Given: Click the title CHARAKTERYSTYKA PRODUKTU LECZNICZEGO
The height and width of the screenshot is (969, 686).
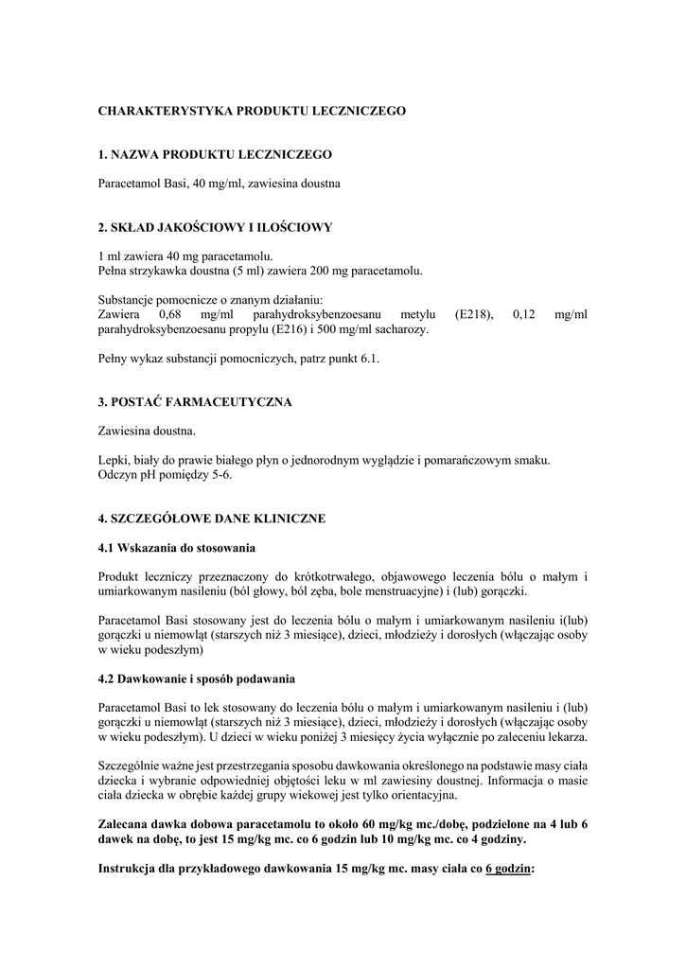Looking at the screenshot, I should coord(252,111).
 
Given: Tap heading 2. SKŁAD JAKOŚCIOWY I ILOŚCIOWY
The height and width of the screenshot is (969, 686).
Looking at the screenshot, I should coord(215,227).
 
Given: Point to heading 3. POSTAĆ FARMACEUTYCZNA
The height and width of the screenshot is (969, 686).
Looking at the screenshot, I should coord(195,402).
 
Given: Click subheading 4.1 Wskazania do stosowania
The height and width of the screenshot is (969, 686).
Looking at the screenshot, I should coord(177,548).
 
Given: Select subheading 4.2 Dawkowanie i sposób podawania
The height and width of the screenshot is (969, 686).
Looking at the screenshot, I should coord(198,678).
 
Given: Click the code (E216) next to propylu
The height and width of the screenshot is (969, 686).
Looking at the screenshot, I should coord(292,329).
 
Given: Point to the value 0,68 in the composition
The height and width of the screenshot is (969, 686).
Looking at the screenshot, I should coord(170,314).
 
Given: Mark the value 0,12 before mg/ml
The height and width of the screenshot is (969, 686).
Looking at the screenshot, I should coord(524,314).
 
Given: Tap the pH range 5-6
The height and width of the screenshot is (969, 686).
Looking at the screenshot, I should coord(220,475).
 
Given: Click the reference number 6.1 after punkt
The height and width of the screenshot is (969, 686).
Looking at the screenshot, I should coord(369,359).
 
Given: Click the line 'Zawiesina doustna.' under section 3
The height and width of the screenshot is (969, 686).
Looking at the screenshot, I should coord(147,432).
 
